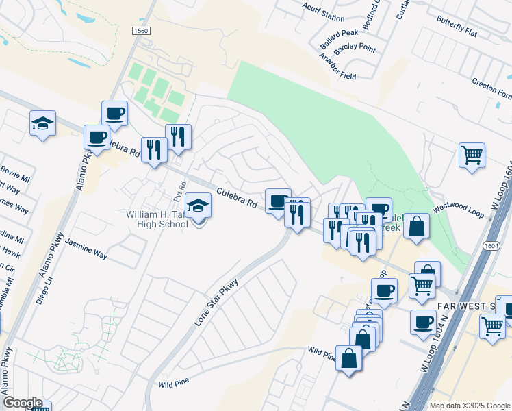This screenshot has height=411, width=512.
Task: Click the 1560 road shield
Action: [141, 32]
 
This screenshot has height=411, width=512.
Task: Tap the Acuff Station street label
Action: [323, 12]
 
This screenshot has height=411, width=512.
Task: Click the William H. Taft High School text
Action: [157, 219]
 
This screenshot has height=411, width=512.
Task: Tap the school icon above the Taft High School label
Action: [198, 206]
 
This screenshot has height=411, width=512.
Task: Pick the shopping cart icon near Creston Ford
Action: [472, 155]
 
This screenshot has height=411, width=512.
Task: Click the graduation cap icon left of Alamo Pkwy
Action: [42, 123]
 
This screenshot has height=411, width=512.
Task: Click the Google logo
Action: [23, 403]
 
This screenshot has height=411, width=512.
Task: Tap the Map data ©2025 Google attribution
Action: [470, 406]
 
